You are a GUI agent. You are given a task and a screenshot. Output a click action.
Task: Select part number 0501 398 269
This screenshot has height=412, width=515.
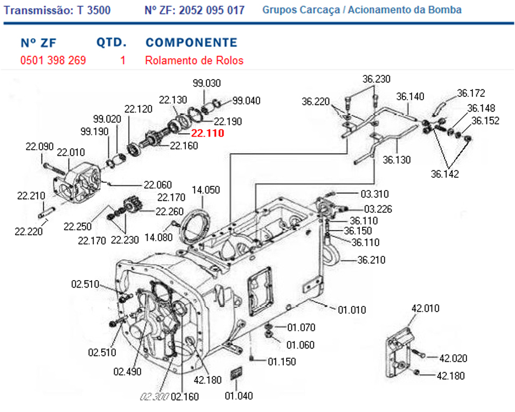click(x=53, y=60)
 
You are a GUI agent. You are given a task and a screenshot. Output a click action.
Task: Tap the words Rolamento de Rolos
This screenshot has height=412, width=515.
click(x=194, y=60)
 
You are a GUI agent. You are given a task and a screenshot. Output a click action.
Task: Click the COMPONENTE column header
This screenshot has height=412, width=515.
click(x=191, y=43)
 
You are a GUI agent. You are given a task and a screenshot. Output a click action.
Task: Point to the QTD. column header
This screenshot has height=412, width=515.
click(x=112, y=43)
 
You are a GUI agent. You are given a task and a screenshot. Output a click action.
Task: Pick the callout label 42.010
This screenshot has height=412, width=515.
click(x=425, y=309)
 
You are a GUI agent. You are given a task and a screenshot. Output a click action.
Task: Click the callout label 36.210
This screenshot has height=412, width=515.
click(x=372, y=260)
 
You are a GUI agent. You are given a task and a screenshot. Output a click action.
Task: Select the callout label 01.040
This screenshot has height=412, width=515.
click(x=239, y=396)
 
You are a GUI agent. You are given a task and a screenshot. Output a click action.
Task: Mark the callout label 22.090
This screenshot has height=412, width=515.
click(x=40, y=146)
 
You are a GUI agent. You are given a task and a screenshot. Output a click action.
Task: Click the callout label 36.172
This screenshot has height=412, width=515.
click(x=471, y=93)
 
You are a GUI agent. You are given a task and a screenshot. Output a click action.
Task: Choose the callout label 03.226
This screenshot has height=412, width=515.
click(x=379, y=208)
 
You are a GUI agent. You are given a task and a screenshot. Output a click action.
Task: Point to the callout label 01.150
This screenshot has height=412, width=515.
click(x=282, y=362)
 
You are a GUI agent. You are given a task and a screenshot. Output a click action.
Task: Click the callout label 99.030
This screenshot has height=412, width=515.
click(x=207, y=83)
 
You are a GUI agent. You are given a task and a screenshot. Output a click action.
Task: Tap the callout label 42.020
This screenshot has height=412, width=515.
click(x=453, y=359)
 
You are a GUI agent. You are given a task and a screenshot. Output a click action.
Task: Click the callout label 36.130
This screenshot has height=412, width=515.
click(x=396, y=160)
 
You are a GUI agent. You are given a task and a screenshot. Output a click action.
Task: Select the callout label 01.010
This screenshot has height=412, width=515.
click(x=352, y=310)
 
